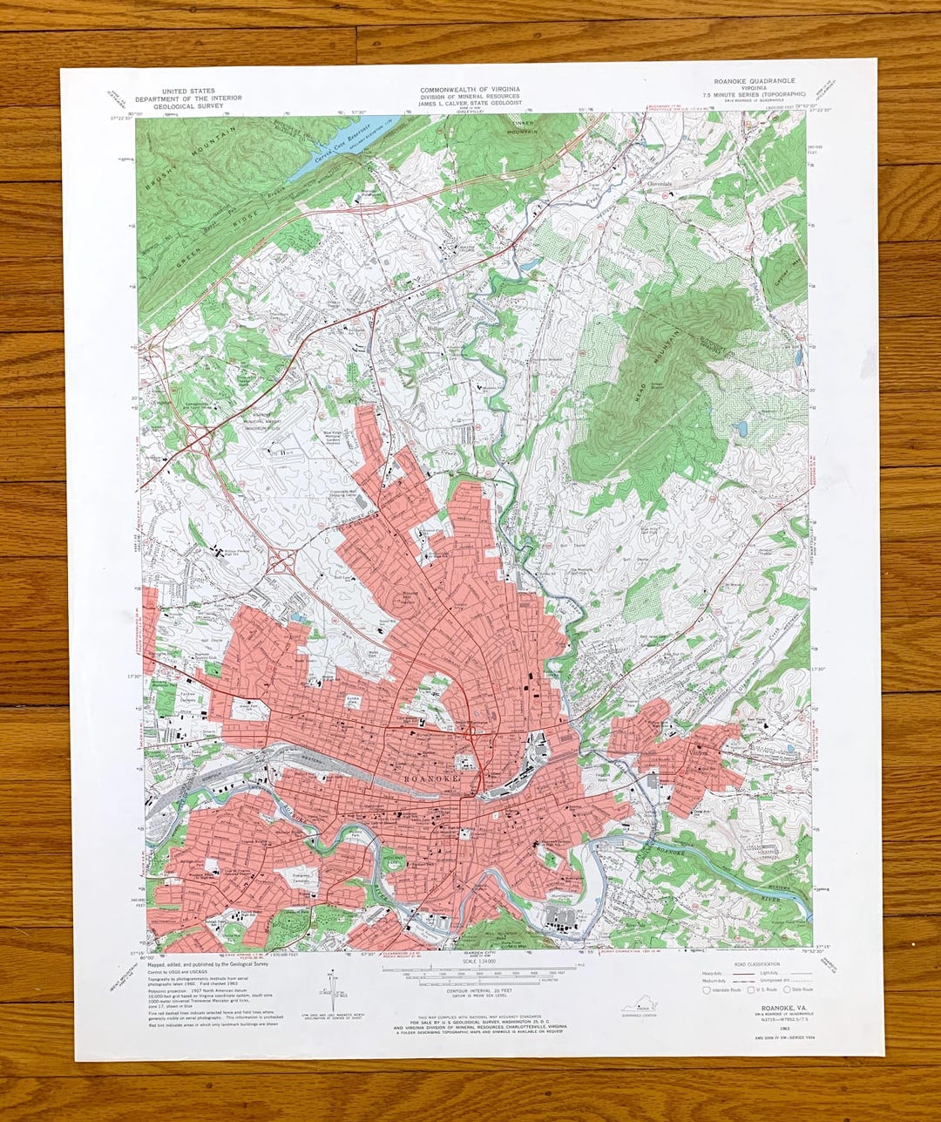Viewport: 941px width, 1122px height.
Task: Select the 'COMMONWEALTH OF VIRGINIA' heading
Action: click(470, 89)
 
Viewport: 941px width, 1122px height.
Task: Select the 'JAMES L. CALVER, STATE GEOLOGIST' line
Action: click(470, 103)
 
